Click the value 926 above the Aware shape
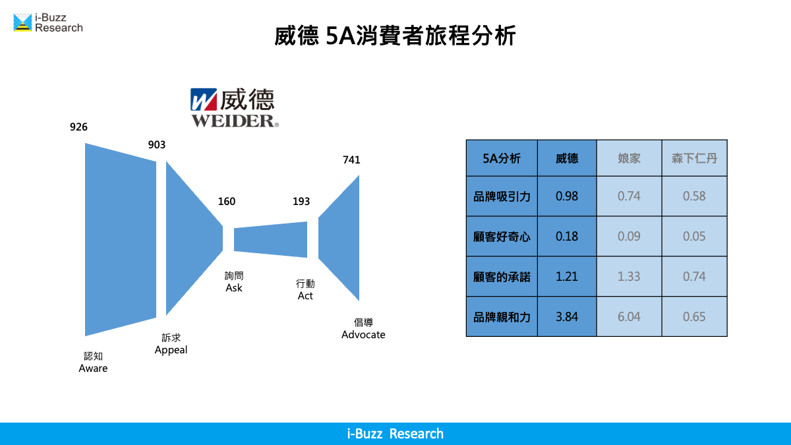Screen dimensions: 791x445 78,127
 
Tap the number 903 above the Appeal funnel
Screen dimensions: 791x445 156,145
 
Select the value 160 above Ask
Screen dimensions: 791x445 226,201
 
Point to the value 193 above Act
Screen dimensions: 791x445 301,201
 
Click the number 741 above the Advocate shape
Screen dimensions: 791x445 351,160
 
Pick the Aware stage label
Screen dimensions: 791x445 93,362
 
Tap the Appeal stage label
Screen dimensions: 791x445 171,343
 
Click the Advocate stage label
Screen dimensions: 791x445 363,328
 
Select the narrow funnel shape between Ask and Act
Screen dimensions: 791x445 270,239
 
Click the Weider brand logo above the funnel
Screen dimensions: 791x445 235,107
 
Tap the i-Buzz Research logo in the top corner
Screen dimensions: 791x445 48,22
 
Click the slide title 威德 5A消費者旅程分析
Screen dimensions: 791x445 395,36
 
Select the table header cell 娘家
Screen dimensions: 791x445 629,158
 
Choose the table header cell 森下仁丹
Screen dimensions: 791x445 694,158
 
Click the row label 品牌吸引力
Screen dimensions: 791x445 502,196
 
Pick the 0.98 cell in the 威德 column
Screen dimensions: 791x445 567,196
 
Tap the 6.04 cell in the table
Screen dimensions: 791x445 629,317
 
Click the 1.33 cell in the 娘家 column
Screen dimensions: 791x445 629,276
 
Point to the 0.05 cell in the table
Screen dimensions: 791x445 694,236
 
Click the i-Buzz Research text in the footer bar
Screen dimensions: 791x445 395,434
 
